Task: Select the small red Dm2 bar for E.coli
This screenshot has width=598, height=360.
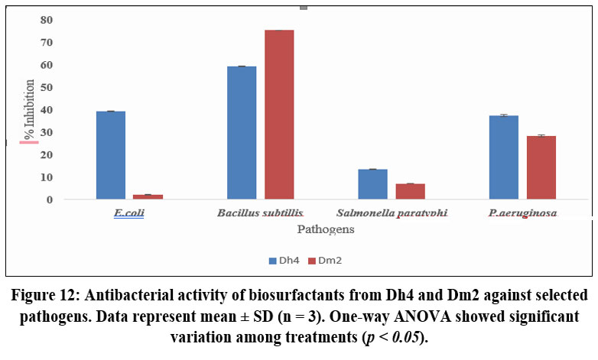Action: click(x=148, y=196)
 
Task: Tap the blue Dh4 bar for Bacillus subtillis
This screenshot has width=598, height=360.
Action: click(x=242, y=133)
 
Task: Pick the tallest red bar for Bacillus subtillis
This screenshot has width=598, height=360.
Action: click(x=279, y=115)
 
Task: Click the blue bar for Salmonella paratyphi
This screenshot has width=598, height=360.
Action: click(x=373, y=184)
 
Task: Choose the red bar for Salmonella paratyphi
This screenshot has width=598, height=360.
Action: click(x=411, y=191)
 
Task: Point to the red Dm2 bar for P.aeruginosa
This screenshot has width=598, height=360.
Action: click(x=541, y=167)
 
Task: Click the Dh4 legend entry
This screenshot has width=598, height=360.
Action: click(x=283, y=261)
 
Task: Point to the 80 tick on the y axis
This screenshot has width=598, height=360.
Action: click(x=47, y=20)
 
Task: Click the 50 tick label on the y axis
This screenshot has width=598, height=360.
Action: click(x=47, y=87)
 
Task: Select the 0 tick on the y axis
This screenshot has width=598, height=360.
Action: click(x=50, y=199)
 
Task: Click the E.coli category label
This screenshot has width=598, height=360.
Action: click(x=129, y=213)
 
